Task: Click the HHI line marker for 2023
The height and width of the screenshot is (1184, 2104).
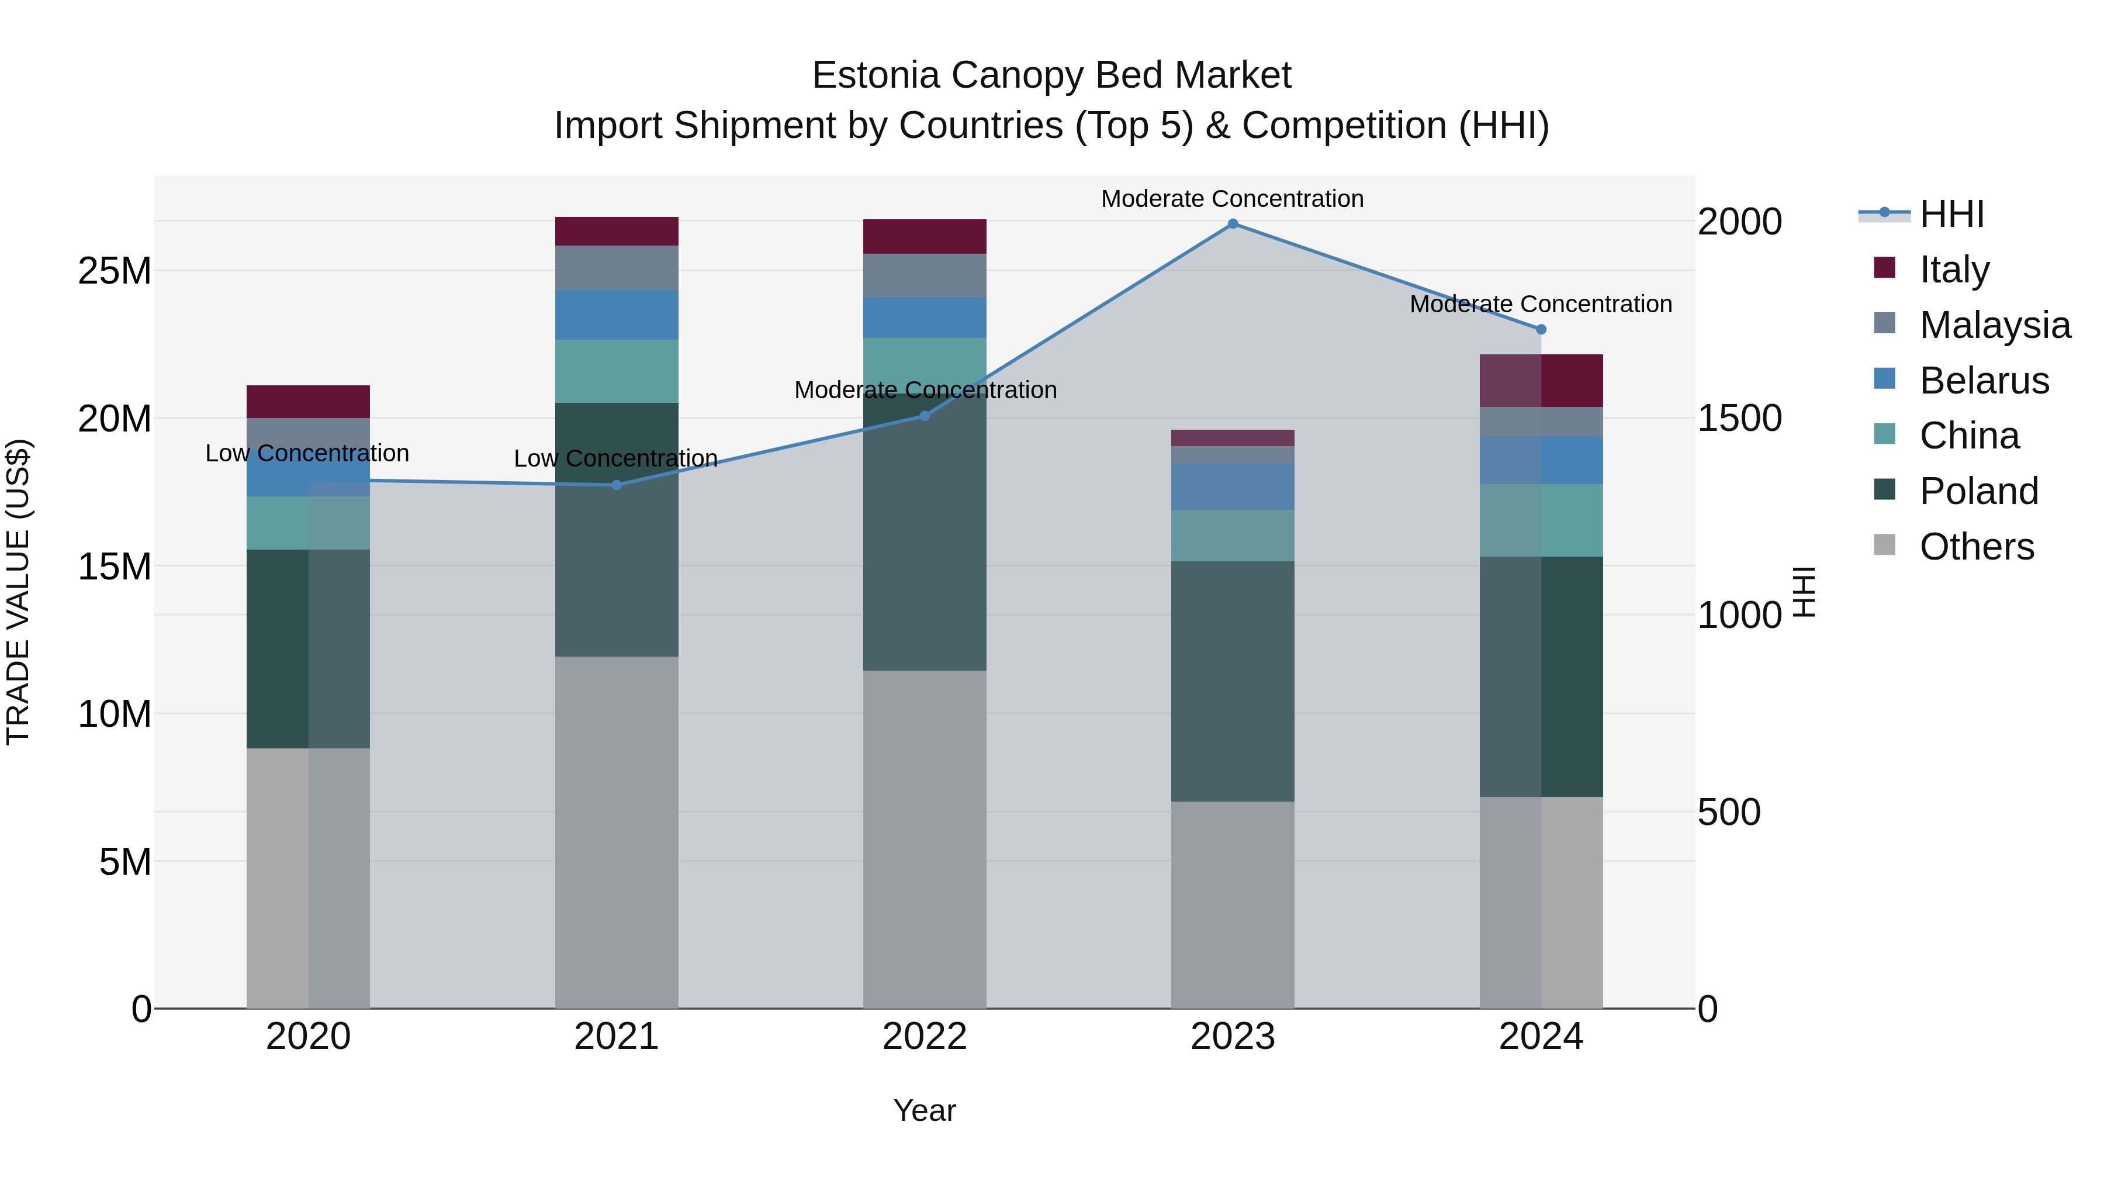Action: point(1233,224)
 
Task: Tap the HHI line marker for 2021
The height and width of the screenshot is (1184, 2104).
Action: point(617,485)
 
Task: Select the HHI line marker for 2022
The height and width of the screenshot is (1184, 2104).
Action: point(925,416)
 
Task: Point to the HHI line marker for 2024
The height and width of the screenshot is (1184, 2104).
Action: point(1541,329)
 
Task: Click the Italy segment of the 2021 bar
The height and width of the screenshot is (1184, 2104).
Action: point(617,231)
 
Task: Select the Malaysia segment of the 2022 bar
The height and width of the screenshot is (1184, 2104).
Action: point(925,275)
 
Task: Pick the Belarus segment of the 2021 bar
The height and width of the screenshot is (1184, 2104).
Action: point(617,315)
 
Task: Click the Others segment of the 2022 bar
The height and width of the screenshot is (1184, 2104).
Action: point(925,839)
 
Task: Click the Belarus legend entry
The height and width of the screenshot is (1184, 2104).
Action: point(1983,380)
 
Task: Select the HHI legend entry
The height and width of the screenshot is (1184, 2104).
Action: point(1951,214)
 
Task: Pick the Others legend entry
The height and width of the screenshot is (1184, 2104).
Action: point(1976,546)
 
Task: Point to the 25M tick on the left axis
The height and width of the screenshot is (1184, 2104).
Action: point(115,271)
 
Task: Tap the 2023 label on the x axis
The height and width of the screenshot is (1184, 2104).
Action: point(1233,1037)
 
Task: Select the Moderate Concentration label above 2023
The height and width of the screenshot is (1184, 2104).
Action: point(1233,199)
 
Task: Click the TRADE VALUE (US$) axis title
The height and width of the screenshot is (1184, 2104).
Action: point(18,592)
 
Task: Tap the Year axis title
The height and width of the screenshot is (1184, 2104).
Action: point(925,1110)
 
